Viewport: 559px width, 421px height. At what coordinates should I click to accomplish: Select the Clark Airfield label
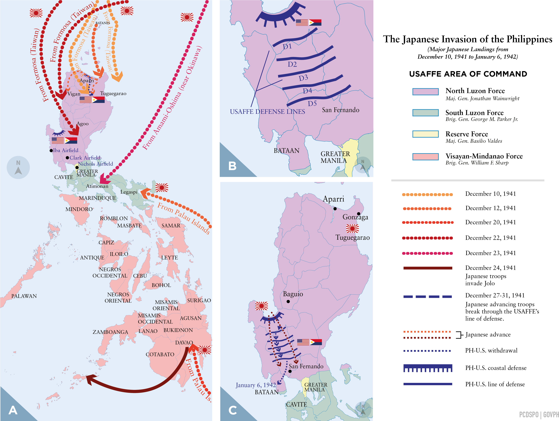point(85,158)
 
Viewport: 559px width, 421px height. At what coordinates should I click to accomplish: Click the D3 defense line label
point(303,78)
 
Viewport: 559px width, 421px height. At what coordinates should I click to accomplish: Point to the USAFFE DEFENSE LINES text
point(267,112)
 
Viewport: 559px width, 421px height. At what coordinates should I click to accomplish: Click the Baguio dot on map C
point(288,301)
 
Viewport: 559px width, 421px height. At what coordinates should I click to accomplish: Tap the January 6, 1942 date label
point(256,385)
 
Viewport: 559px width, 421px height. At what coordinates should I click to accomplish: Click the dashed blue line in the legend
point(428,297)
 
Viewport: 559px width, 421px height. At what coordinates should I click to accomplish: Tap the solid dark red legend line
point(428,268)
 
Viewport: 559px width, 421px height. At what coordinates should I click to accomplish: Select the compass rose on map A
point(18,167)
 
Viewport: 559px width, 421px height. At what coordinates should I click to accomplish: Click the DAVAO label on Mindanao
point(184,343)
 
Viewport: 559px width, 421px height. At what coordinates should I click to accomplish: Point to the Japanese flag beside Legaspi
point(162,188)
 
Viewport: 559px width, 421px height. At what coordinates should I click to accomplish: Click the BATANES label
point(103,23)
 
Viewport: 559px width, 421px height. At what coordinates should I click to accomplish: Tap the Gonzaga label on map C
point(355,217)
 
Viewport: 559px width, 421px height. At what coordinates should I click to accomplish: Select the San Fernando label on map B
point(340,110)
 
